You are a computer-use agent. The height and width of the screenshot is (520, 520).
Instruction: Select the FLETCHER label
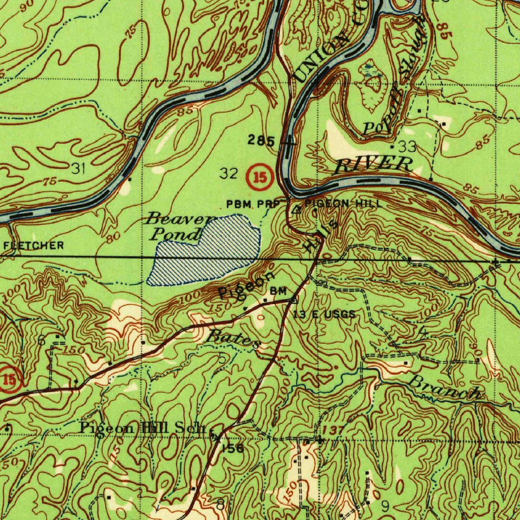point(34,246)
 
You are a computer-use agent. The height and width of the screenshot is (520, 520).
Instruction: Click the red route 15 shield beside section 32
point(261,177)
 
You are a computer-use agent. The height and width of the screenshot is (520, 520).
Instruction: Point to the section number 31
point(78,169)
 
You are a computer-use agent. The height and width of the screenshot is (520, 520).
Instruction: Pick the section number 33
point(407,147)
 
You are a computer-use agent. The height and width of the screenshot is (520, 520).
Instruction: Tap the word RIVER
point(374,165)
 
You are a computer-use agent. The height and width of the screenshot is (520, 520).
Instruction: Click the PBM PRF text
point(253,204)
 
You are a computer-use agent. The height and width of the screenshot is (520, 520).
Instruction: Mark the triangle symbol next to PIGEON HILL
point(298,208)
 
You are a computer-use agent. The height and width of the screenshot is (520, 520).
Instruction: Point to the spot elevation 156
point(233,448)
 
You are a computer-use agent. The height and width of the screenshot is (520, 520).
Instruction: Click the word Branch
point(445,388)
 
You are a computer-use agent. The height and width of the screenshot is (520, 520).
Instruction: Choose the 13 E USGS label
point(324,315)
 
